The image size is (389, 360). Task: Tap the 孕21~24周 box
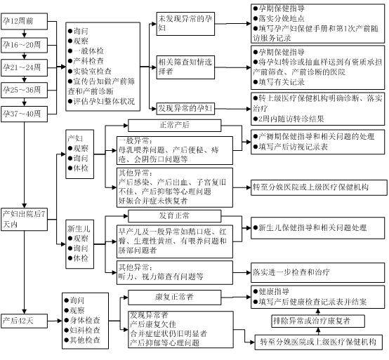(x=23, y=68)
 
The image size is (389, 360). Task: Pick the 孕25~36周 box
(x=23, y=90)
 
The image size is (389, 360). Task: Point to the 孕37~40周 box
(x=23, y=112)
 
